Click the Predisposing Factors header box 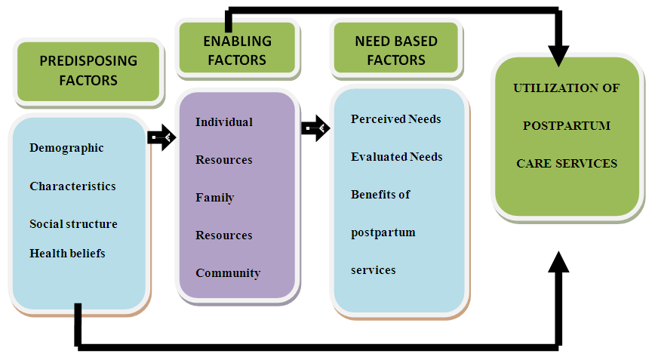tap(88, 70)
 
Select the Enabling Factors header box tap(237, 50)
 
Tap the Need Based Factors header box tap(396, 50)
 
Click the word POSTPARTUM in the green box tap(566, 125)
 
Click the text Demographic tap(66, 148)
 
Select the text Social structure tap(73, 224)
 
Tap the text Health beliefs tap(67, 254)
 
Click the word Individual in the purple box tap(224, 122)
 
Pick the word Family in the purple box tap(215, 198)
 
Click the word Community tap(228, 273)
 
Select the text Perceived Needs tap(396, 119)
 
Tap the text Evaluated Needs tap(397, 157)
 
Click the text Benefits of tap(380, 194)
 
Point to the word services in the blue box tap(374, 269)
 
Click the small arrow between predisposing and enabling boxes tap(161, 137)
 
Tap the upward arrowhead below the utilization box tap(558, 262)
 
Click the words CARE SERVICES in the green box tap(566, 163)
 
